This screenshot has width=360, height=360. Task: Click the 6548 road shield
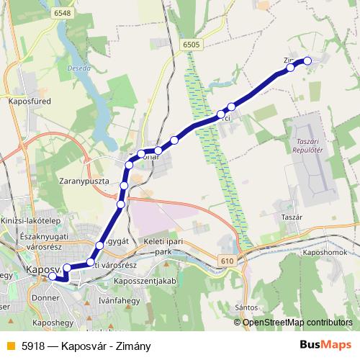click(x=61, y=14)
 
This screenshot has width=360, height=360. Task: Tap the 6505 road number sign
click(x=192, y=45)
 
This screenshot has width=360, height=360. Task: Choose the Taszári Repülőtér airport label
click(x=310, y=147)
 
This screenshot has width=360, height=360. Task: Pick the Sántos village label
click(x=246, y=307)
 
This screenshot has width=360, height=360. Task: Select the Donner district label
click(x=45, y=296)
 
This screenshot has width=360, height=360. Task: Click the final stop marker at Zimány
click(x=307, y=61)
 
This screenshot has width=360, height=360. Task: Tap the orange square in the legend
click(x=10, y=346)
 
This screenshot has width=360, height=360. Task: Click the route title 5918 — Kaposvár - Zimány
click(x=86, y=346)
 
